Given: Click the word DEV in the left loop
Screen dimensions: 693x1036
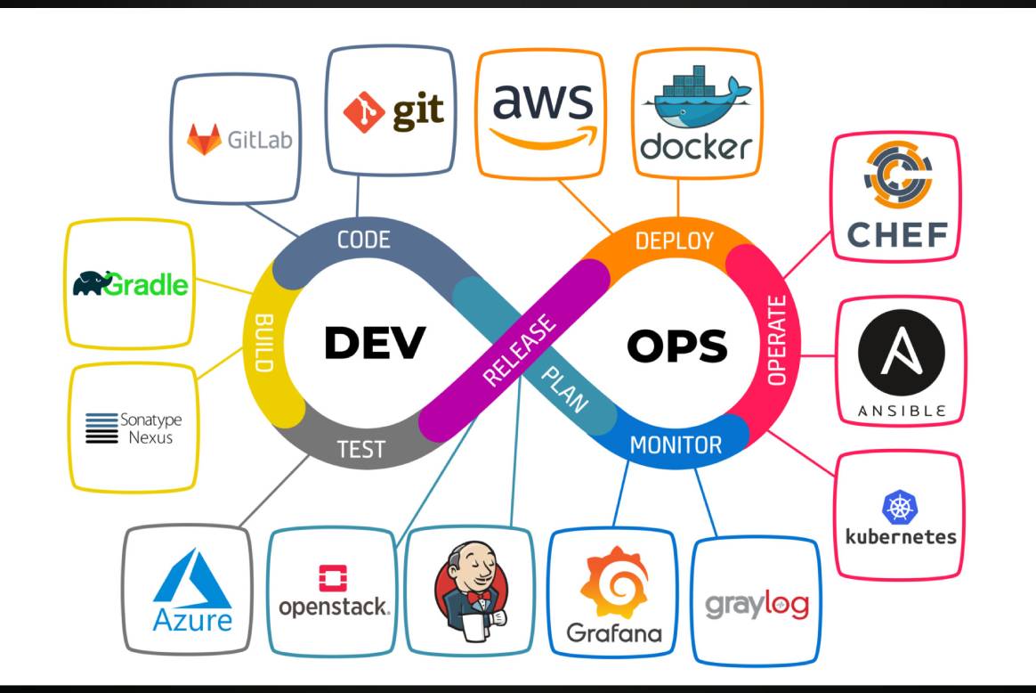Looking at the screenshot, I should tap(375, 342).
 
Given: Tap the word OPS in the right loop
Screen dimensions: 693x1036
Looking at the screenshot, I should tap(676, 345).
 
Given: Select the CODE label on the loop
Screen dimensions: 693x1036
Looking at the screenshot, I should tap(363, 240).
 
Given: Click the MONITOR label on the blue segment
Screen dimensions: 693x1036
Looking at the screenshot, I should tap(676, 444).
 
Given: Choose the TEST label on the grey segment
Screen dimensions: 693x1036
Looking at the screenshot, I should tap(360, 449).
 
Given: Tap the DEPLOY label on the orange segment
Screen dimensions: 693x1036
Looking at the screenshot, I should tap(674, 241).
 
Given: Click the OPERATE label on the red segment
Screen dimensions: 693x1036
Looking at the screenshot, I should tap(777, 341).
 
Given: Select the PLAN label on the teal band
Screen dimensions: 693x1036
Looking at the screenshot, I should tap(564, 388).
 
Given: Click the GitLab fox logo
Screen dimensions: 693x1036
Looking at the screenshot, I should tap(204, 140).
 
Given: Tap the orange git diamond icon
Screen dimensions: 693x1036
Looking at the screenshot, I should tap(363, 112).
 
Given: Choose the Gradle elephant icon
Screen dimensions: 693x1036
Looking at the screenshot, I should tap(93, 283).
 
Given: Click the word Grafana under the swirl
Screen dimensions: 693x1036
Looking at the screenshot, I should tap(614, 633).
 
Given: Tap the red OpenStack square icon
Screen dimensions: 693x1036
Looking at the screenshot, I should tap(333, 579).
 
